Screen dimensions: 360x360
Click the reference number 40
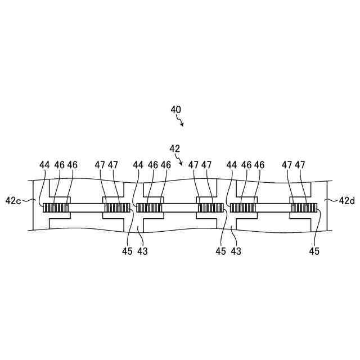(x=176, y=110)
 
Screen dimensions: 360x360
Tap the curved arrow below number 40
(x=179, y=121)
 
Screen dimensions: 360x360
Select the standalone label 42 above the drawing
(x=175, y=148)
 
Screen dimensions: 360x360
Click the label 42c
(x=13, y=200)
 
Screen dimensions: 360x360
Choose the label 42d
(x=348, y=200)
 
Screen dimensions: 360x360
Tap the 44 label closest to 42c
(x=45, y=165)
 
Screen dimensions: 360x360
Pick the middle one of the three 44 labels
(x=138, y=165)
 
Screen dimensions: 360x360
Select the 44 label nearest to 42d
(x=231, y=165)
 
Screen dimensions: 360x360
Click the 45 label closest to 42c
(x=127, y=251)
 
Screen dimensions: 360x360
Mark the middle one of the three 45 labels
(x=221, y=251)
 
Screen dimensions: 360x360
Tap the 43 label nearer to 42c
(x=142, y=251)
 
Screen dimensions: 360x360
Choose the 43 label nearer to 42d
(x=236, y=251)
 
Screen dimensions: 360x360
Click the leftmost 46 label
(x=59, y=165)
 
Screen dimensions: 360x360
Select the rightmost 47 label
(x=300, y=165)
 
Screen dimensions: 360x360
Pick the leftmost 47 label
(x=100, y=165)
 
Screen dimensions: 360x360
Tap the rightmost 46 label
(x=259, y=165)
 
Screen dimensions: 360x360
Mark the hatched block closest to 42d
(x=304, y=208)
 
